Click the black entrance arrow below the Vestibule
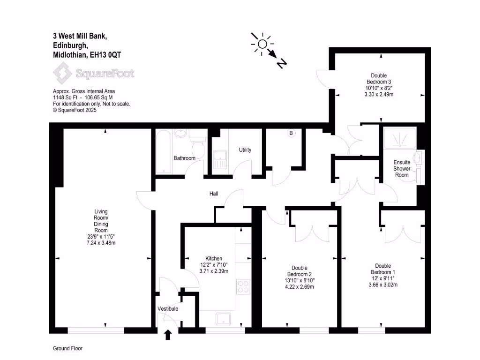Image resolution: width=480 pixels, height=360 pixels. (168, 335)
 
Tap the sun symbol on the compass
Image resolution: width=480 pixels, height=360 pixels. (262, 44)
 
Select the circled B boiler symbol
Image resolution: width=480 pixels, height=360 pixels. (291, 134)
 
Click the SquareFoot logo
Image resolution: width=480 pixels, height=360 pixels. (93, 74)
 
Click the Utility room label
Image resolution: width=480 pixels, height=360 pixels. (245, 150)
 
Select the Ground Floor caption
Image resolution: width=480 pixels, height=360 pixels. (67, 349)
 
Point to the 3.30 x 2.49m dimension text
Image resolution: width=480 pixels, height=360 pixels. (378, 94)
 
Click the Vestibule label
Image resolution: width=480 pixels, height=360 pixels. (167, 309)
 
